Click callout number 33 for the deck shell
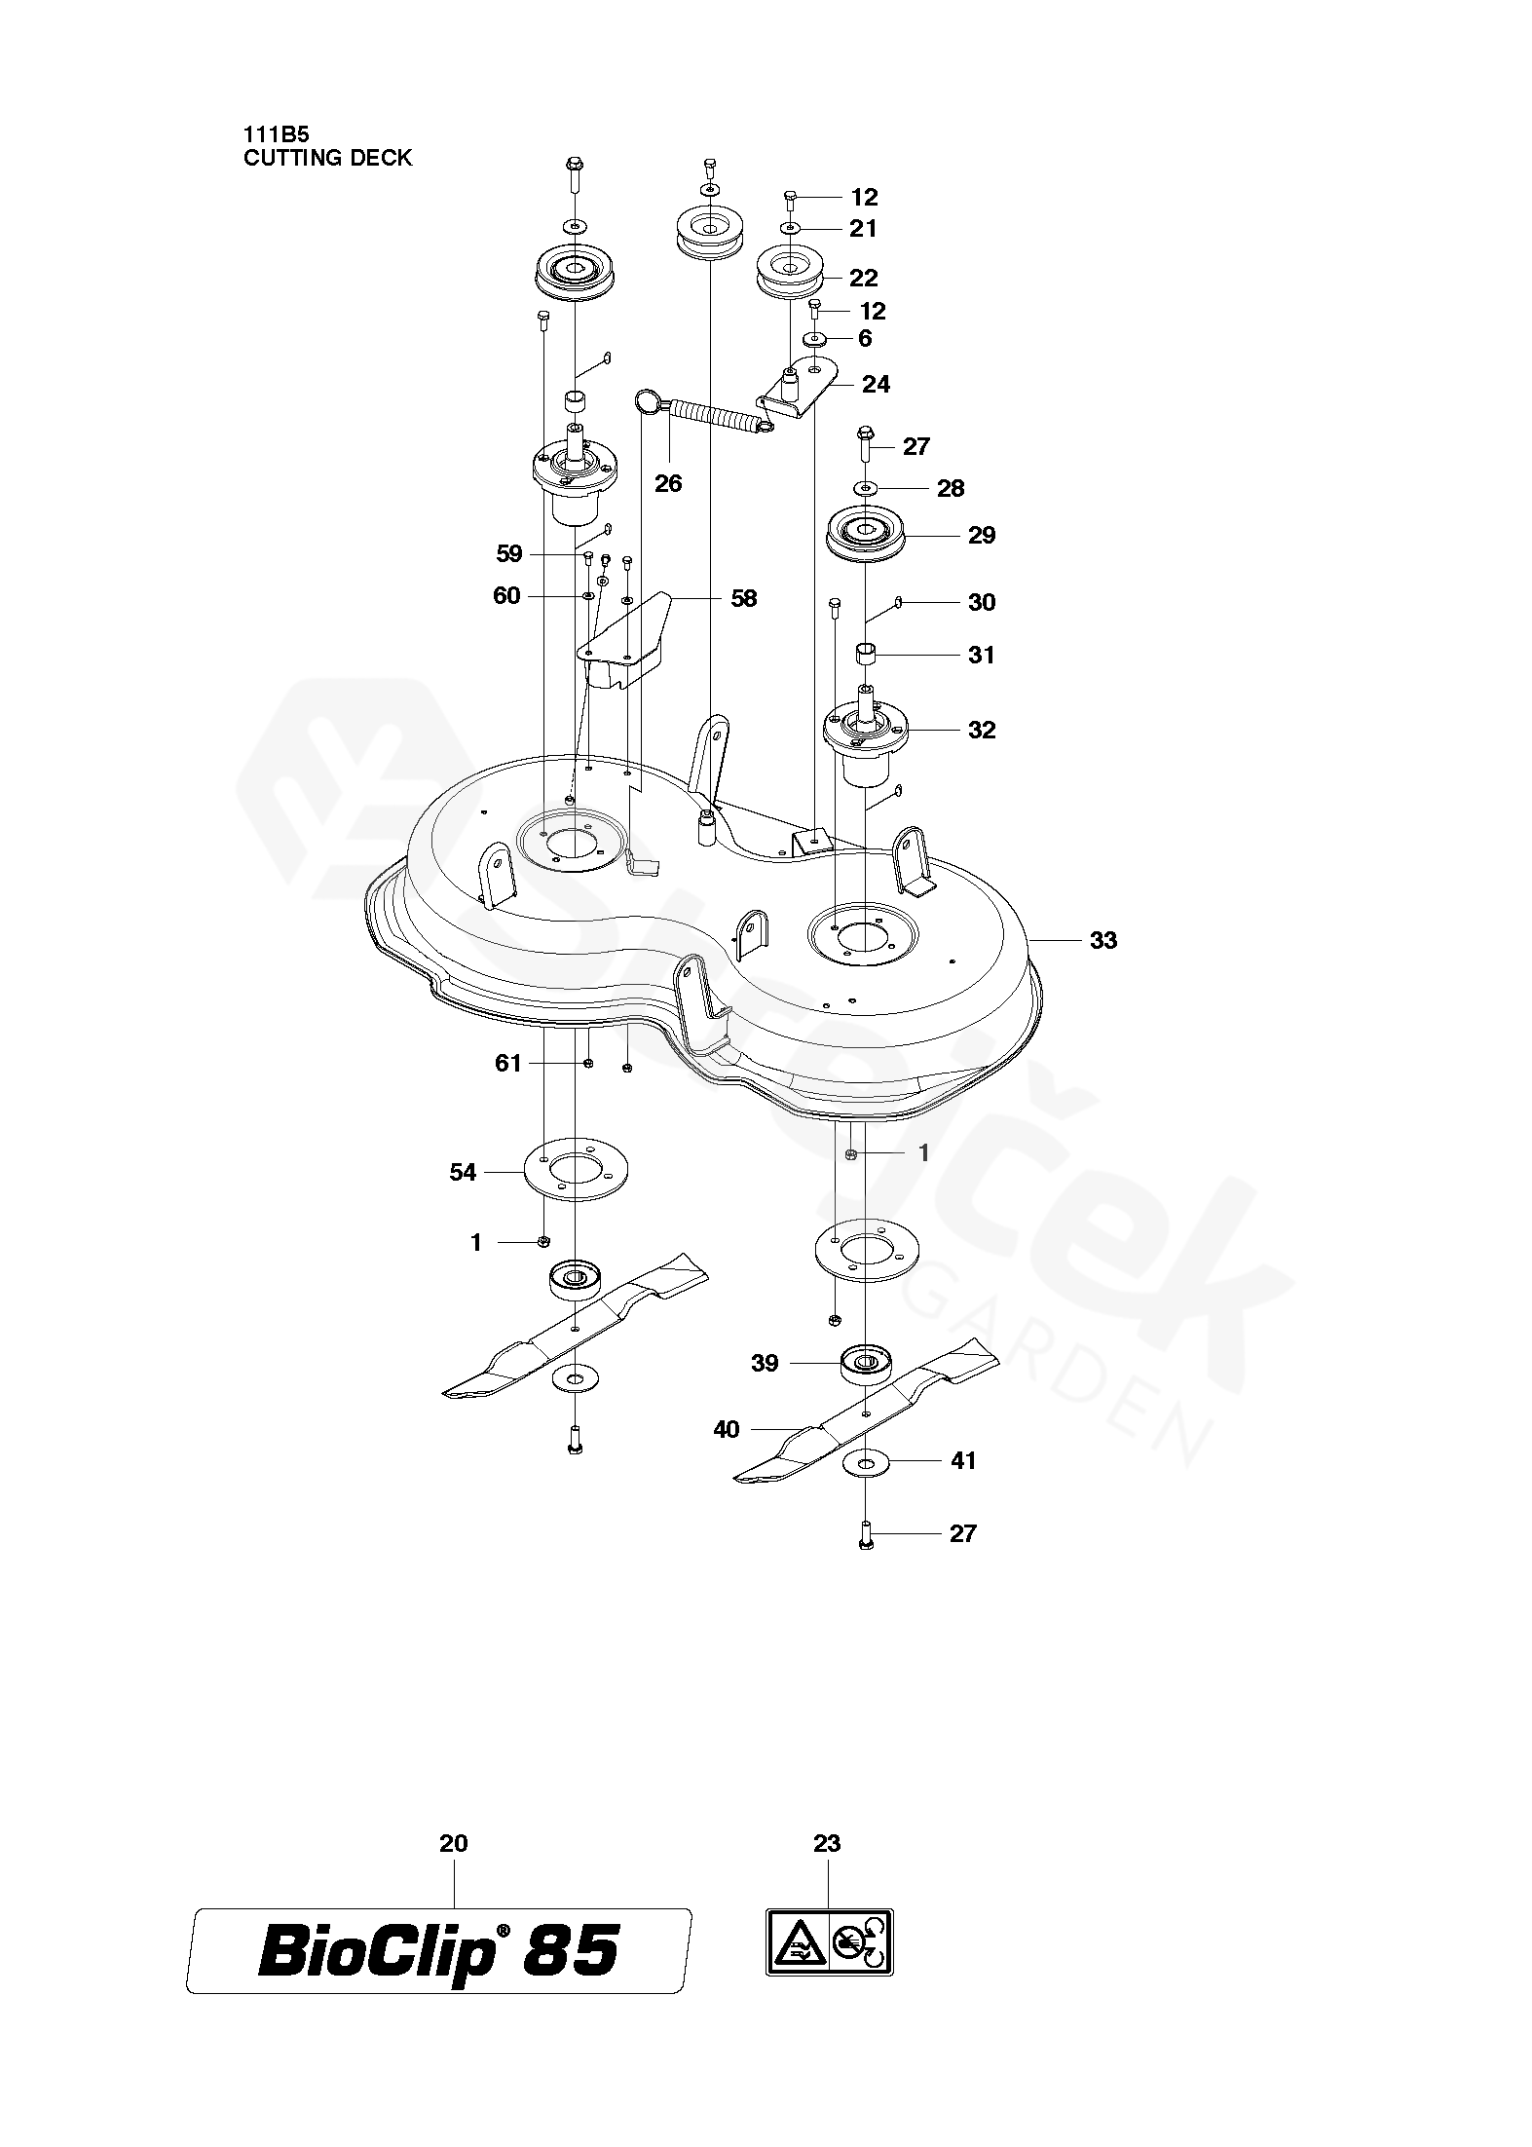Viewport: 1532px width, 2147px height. [1102, 940]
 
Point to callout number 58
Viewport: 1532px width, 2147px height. [743, 598]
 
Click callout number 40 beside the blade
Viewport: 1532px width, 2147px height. [727, 1430]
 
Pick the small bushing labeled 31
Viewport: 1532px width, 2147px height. [865, 654]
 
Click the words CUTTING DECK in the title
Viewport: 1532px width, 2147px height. [327, 158]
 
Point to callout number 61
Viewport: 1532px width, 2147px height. [508, 1063]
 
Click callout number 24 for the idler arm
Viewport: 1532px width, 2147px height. [876, 384]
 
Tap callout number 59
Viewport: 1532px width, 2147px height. [508, 554]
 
